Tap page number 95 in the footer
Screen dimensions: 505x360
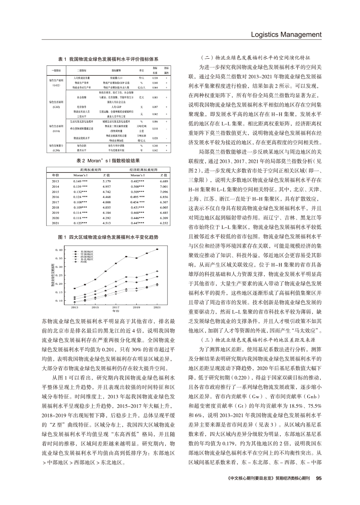318,478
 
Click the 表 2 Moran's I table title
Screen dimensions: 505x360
108,161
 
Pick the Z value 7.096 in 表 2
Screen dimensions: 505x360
164,192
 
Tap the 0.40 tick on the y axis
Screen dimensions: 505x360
58,250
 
